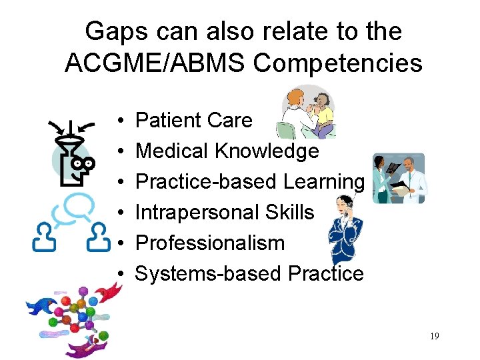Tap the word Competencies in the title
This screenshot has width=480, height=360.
(x=338, y=63)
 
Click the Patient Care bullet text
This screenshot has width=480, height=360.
(x=194, y=121)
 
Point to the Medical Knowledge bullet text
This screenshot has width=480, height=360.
(x=227, y=151)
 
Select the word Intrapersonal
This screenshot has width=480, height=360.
(x=191, y=213)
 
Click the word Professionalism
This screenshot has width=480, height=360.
(x=210, y=243)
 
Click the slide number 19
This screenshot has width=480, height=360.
(x=434, y=336)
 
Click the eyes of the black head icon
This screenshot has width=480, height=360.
(x=83, y=163)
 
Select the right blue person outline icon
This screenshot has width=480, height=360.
(x=99, y=237)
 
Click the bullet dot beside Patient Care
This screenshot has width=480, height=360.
(x=117, y=121)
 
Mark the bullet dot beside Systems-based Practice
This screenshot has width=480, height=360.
(x=117, y=275)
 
